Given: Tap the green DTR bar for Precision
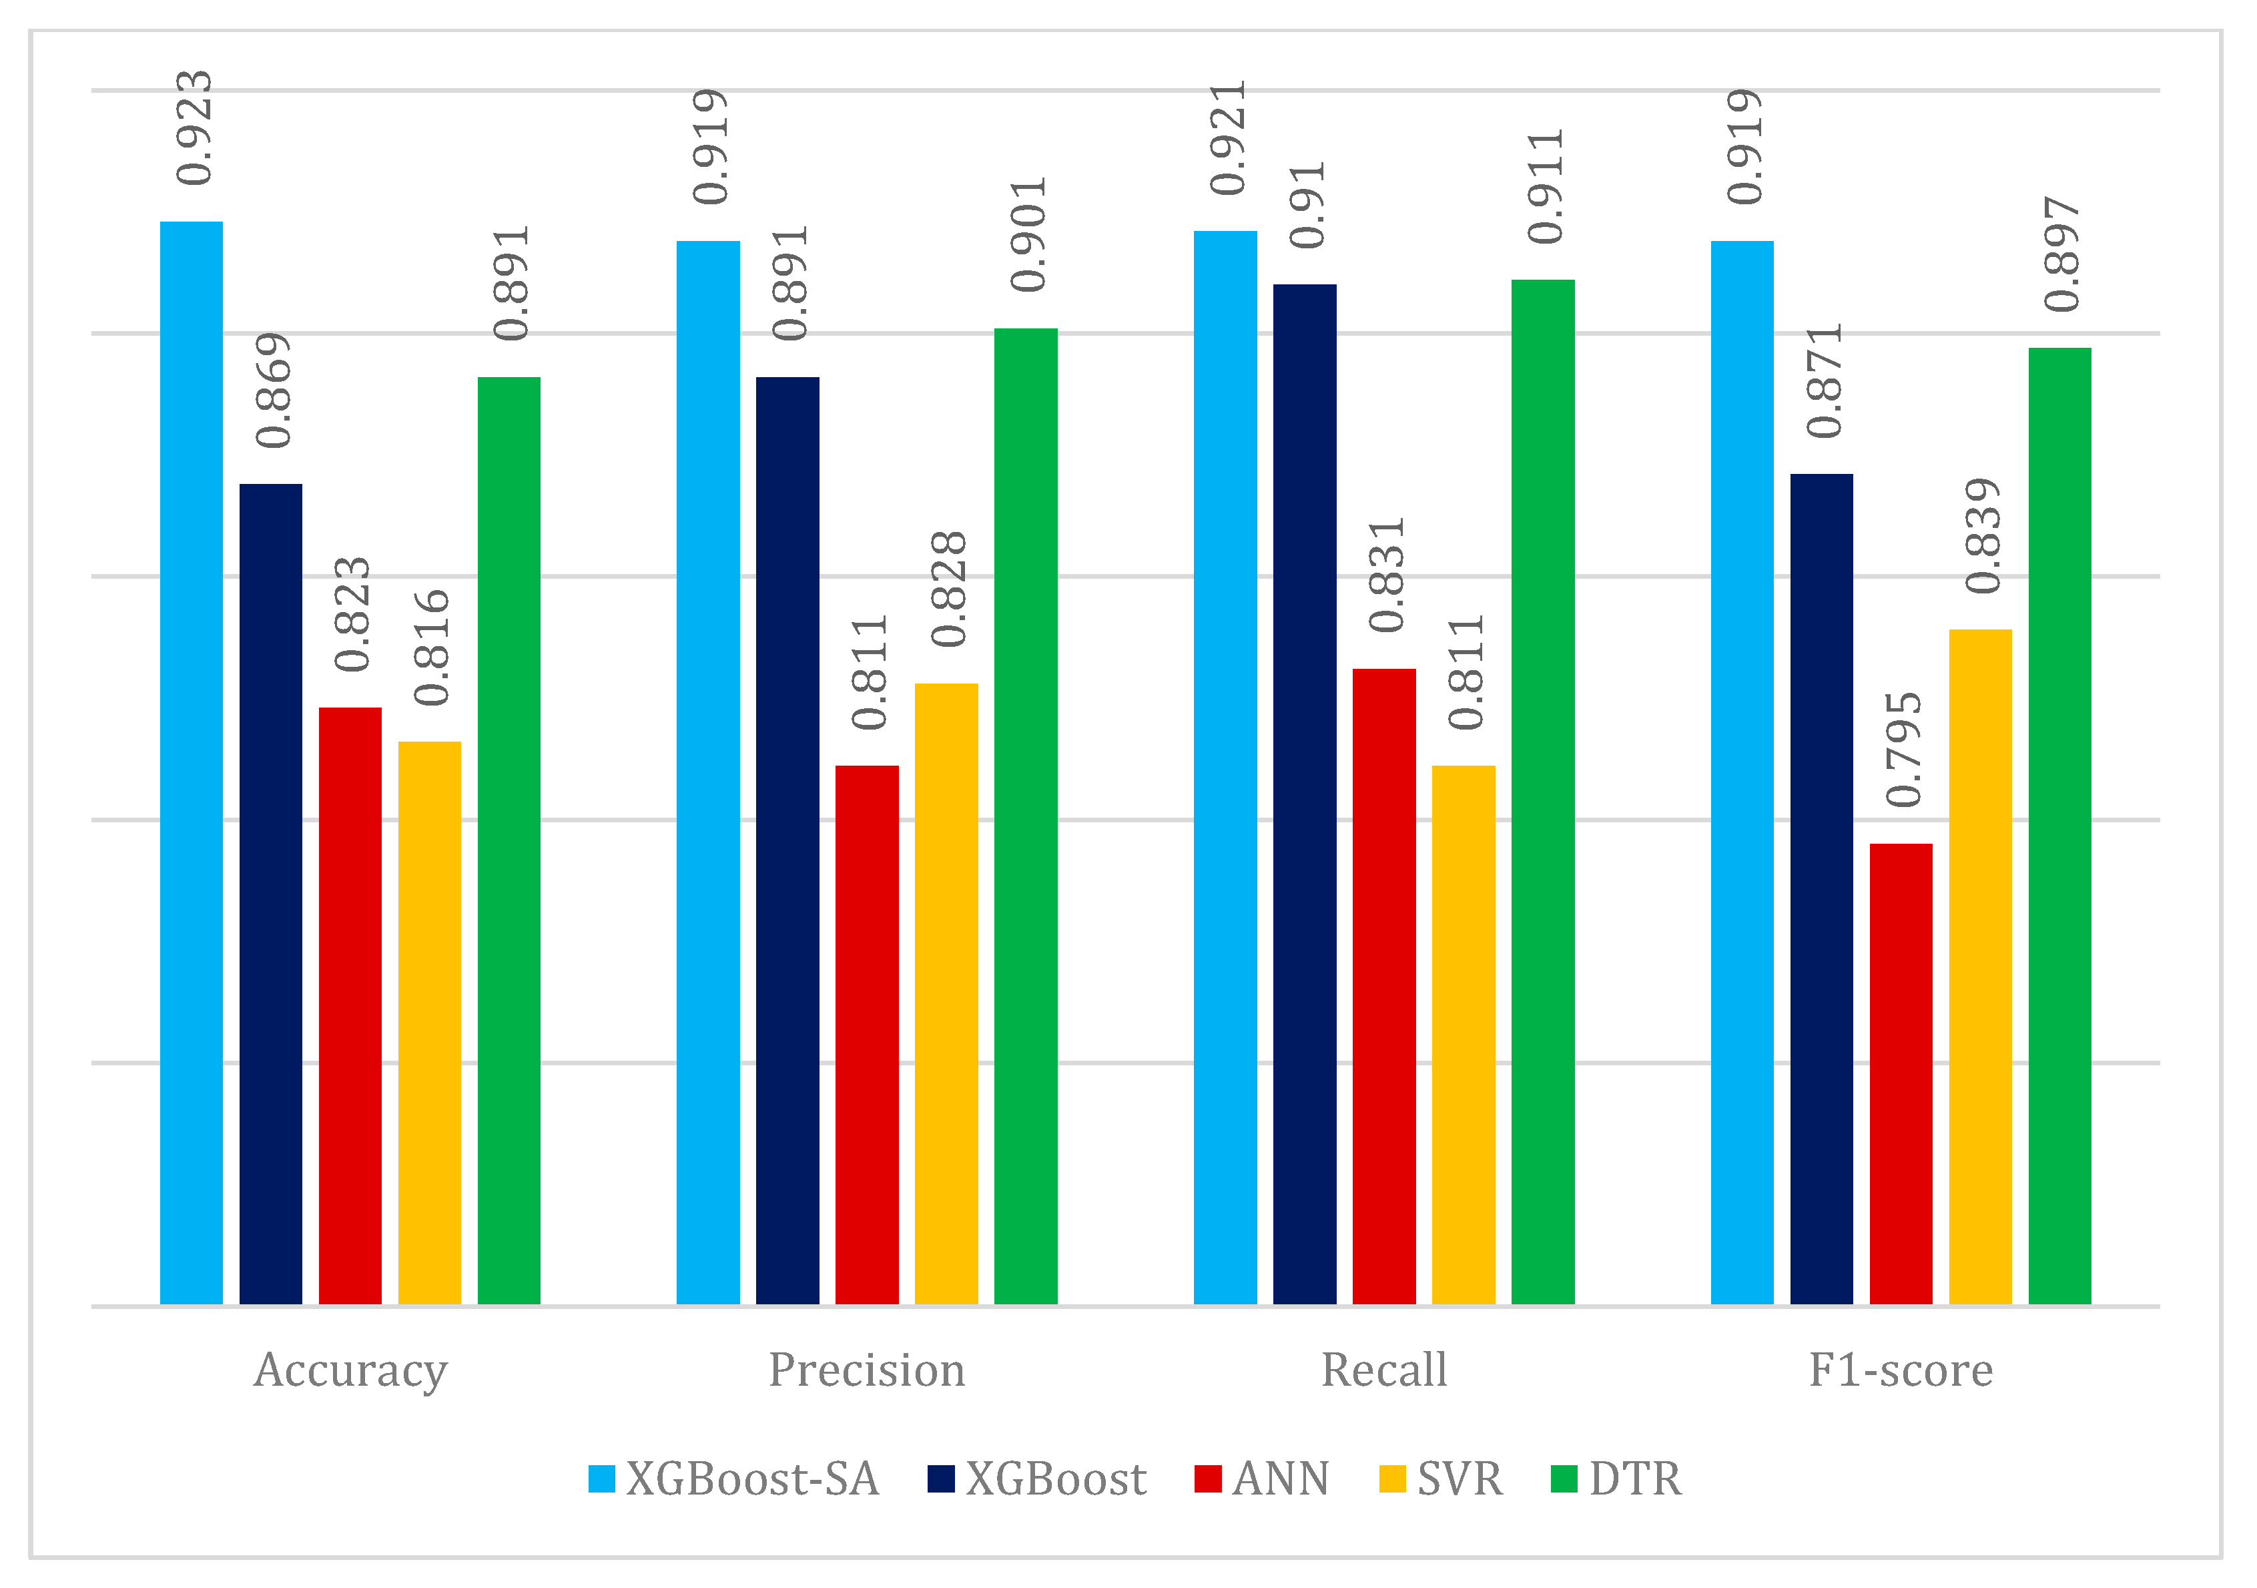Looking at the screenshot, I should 1025,816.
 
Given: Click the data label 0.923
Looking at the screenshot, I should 194,127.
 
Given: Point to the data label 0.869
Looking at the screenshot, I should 273,390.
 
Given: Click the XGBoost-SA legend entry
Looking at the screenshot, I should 733,1479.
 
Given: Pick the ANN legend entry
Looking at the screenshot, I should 1261,1479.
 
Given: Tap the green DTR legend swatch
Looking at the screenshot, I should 1563,1479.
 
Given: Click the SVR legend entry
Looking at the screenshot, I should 1441,1479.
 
